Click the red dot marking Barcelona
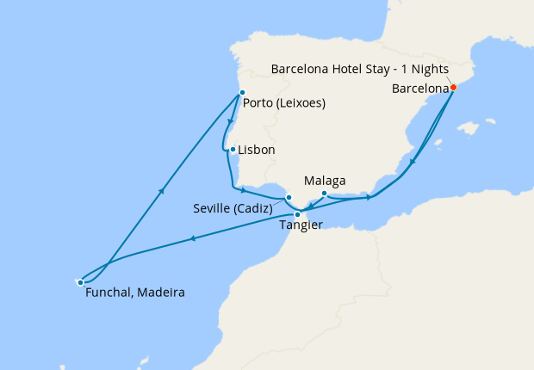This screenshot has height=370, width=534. tap(454, 87)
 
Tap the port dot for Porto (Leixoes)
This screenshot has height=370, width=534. tap(242, 93)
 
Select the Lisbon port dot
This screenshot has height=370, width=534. tap(233, 149)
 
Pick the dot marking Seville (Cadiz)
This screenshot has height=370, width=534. tap(289, 197)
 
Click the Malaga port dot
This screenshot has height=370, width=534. tap(324, 193)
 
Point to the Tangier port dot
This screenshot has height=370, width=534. tap(297, 214)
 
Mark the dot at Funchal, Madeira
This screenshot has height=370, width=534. tap(80, 281)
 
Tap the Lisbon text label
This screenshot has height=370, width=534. tap(257, 150)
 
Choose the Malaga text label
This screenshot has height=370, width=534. tap(326, 181)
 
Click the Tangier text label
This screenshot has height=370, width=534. tap(301, 226)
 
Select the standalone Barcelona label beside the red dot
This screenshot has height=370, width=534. tap(421, 88)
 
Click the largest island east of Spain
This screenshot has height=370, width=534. tap(468, 129)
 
